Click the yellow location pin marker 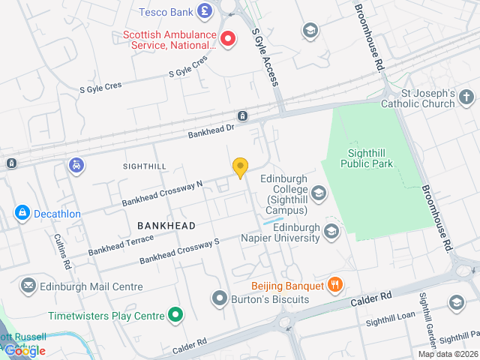coord(240,167)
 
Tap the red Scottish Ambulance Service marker coord(227,37)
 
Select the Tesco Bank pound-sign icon coord(204,11)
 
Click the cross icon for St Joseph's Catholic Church coord(466,97)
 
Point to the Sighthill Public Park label coord(367,158)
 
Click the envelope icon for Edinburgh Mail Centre coord(28,286)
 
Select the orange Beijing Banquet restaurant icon coord(335,285)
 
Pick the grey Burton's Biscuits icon coord(220,299)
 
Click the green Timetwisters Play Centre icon coord(175,316)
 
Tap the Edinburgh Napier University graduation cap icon coord(331,232)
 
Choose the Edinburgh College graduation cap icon coord(319,194)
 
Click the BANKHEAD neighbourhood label coord(166,226)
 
